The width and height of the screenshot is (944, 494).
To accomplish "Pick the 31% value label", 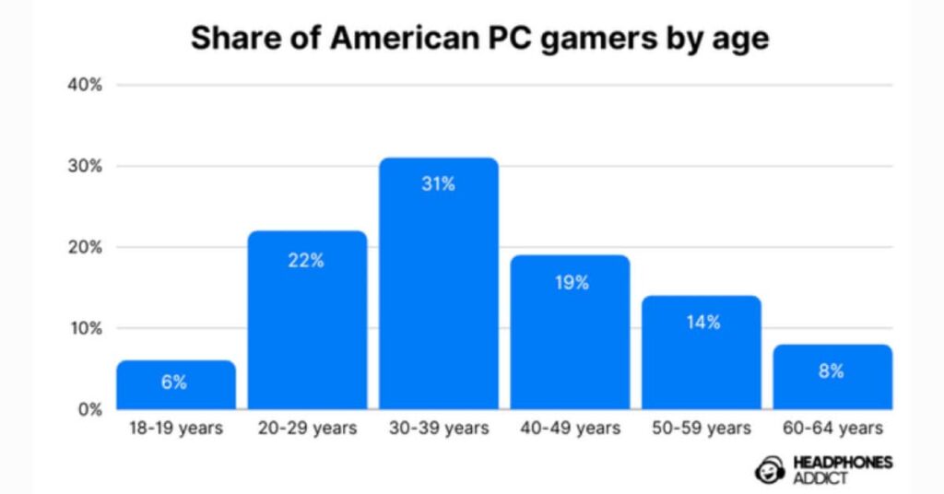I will coord(439,184).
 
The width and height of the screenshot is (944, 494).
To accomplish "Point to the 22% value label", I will coord(307,260).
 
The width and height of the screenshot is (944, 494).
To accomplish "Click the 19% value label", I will coord(571,283).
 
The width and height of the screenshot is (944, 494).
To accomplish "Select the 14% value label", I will coord(702,323).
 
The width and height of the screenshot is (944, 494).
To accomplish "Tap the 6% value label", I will coord(175,382).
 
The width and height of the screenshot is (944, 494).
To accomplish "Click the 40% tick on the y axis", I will coord(84,85).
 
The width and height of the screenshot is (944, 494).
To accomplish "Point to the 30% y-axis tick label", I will coord(84,166).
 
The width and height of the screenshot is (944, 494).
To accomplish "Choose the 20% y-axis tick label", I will coord(84,247).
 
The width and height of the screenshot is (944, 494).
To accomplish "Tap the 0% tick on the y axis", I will coord(88,409).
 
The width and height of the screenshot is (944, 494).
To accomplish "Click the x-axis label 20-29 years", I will coord(307,429).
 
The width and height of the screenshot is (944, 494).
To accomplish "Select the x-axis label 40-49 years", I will coord(571,429).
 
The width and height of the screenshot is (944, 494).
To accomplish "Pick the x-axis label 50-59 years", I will coord(702,429).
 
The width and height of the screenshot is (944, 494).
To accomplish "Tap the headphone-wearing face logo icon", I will coord(771,470).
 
